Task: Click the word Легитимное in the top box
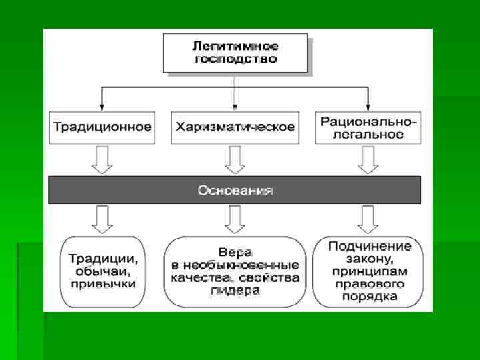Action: pos(235,47)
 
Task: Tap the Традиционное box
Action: pos(102,126)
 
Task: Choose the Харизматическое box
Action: pos(235,126)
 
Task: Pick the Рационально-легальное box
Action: pos(368,127)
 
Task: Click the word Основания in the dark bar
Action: pos(235,190)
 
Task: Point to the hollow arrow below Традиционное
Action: pos(102,160)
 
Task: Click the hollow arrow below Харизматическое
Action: pos(235,160)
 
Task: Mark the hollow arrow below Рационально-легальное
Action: pos(368,160)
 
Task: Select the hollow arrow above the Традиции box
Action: pos(102,219)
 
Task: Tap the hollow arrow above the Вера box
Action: pos(235,219)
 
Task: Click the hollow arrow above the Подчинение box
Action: pos(368,219)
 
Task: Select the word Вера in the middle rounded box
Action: pos(235,253)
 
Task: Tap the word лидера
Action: pos(235,290)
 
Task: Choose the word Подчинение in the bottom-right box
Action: pos(369,246)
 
